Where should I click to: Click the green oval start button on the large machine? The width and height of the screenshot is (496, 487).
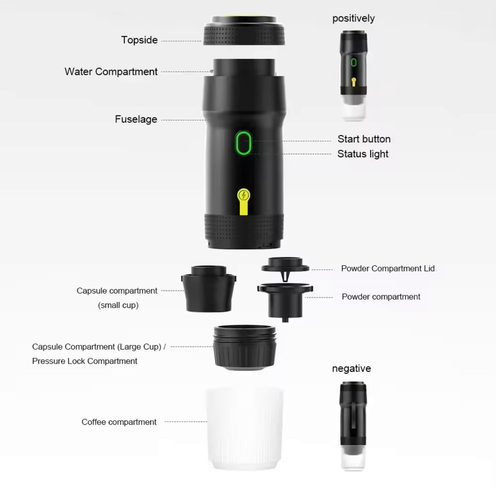point(243,143)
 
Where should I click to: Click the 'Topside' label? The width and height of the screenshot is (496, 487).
point(139,40)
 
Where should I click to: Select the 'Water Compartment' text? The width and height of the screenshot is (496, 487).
point(111,72)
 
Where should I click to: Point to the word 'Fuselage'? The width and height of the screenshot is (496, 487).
point(136,119)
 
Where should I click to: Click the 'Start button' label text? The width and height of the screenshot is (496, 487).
point(364,139)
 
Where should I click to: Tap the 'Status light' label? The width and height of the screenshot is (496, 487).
point(363,154)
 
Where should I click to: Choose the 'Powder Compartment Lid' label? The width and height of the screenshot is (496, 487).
point(388,268)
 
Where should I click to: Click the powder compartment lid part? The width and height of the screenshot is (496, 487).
point(285,267)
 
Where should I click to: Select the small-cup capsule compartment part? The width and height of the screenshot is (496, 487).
point(209,289)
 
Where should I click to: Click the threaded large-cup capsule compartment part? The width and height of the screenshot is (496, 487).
point(244,347)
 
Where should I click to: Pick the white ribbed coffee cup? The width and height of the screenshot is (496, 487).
point(244,429)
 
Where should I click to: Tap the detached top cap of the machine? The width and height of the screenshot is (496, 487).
point(244,30)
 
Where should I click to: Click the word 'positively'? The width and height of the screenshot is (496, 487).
point(353,19)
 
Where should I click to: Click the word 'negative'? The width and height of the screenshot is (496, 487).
point(351,368)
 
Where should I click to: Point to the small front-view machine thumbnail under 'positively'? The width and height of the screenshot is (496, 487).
point(354,75)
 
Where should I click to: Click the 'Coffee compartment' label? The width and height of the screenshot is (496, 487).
point(119,422)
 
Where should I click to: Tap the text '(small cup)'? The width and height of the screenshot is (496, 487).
point(118,305)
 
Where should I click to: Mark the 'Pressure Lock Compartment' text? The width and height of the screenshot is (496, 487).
point(85,361)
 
